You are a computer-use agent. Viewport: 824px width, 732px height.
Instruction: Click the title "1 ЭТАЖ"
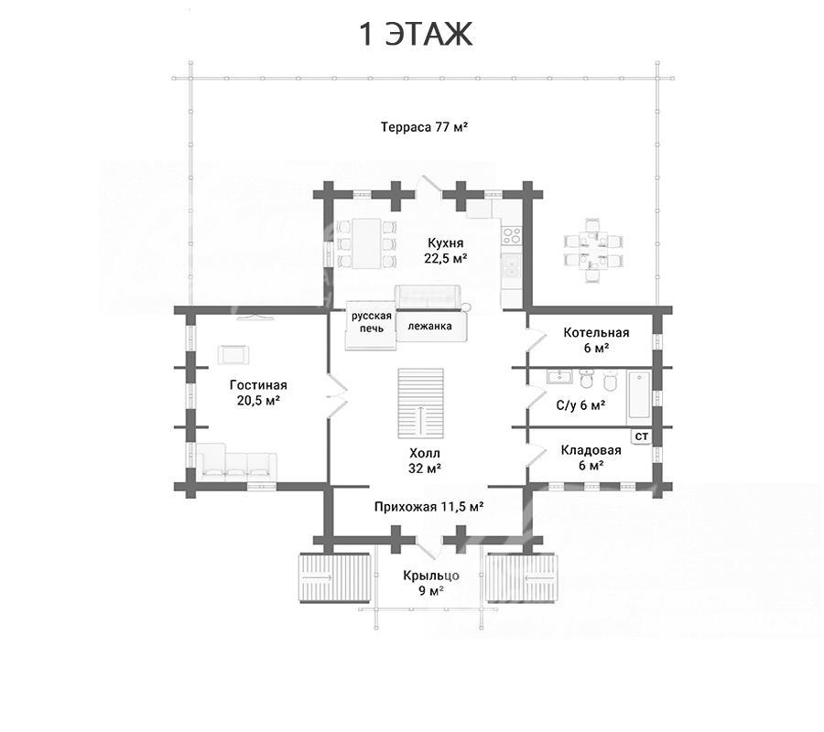(x=416, y=34)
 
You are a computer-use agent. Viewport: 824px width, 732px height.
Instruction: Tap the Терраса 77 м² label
(x=424, y=127)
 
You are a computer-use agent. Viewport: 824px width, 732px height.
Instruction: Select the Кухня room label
(x=446, y=251)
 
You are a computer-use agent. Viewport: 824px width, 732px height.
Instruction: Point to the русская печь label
(x=372, y=322)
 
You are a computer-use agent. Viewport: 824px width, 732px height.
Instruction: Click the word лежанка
(x=430, y=326)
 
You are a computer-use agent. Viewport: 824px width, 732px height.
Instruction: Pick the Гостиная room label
(x=258, y=393)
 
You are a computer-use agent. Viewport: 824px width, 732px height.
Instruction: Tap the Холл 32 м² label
(x=425, y=460)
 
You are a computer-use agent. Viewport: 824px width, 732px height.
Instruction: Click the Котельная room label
(x=596, y=339)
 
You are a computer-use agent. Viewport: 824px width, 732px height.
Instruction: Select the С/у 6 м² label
(x=580, y=405)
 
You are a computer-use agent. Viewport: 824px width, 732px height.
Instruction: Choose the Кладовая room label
(x=591, y=457)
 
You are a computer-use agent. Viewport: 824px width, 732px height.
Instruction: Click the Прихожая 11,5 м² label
(x=428, y=507)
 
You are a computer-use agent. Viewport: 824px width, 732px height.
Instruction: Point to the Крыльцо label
(x=431, y=583)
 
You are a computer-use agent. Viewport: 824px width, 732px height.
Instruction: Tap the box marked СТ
(x=642, y=436)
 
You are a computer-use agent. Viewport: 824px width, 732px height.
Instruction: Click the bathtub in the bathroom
(x=639, y=397)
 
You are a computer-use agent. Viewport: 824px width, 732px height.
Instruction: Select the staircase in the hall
(x=420, y=404)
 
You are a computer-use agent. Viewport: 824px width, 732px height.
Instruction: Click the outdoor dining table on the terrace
(x=594, y=251)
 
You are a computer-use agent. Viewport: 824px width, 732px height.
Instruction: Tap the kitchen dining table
(x=366, y=243)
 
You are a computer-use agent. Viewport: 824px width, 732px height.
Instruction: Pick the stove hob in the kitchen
(x=511, y=235)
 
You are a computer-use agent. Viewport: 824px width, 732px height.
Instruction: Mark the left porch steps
(x=335, y=577)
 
